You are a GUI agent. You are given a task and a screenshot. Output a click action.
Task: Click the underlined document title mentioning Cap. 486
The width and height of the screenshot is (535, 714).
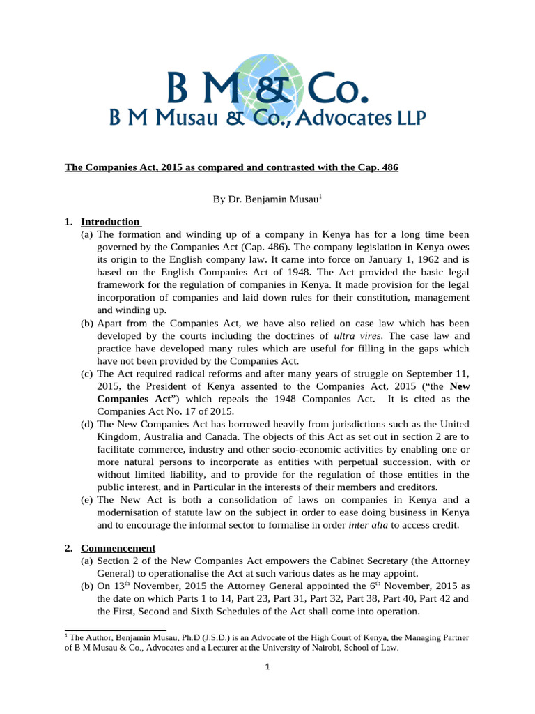pyautogui.click(x=231, y=168)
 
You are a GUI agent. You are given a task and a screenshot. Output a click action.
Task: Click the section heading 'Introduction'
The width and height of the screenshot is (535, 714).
pyautogui.click(x=111, y=222)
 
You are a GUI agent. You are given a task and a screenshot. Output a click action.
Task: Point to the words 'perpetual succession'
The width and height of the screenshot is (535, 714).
pyautogui.click(x=367, y=462)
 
